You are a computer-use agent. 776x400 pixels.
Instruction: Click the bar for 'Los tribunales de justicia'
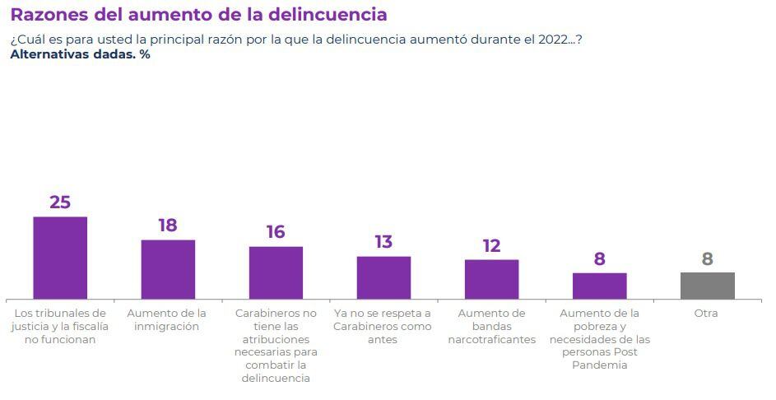click(60, 258)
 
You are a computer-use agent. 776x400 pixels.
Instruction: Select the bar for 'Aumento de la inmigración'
click(168, 269)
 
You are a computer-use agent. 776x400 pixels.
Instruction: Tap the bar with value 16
click(276, 272)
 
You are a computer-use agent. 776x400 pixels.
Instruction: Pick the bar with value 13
click(383, 277)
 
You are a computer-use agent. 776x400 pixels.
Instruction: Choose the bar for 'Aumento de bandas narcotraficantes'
click(491, 279)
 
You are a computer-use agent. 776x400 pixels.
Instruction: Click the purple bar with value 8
click(599, 286)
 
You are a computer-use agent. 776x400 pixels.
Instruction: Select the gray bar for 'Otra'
click(707, 286)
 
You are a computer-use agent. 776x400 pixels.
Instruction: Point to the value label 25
click(60, 202)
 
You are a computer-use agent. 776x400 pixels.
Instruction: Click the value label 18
click(168, 226)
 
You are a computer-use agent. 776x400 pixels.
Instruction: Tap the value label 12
click(491, 245)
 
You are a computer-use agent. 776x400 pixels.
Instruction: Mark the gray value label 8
click(707, 259)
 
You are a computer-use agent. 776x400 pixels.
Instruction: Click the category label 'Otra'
click(706, 314)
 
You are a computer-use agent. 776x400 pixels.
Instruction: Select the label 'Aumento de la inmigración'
click(167, 319)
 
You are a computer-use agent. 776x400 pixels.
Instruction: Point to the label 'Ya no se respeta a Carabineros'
click(382, 326)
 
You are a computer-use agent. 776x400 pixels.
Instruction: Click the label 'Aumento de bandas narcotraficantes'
click(491, 326)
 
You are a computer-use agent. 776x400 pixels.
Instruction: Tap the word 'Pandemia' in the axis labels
click(598, 365)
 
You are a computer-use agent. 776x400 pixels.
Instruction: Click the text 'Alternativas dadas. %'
click(80, 54)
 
